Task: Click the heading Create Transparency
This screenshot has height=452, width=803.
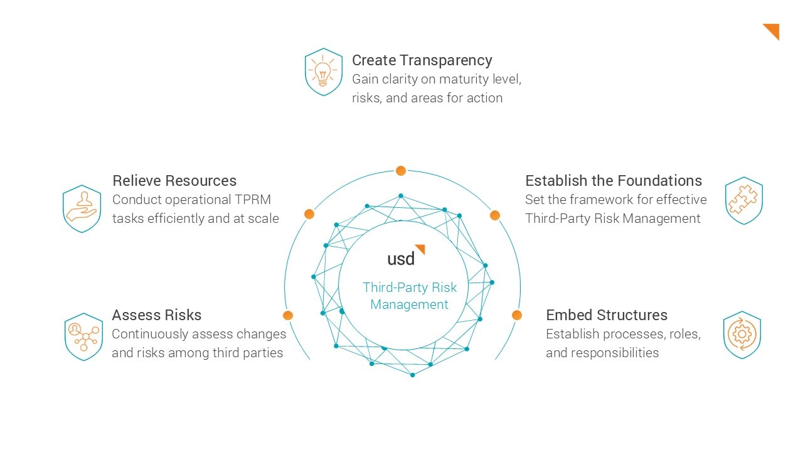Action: pyautogui.click(x=422, y=60)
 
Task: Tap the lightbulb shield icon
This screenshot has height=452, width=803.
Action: pyautogui.click(x=323, y=72)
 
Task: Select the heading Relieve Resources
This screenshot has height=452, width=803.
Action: pyautogui.click(x=174, y=180)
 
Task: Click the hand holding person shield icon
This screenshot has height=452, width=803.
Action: pyautogui.click(x=82, y=209)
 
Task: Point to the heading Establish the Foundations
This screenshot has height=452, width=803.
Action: pyautogui.click(x=614, y=180)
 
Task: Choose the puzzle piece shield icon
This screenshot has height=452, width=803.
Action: pyautogui.click(x=744, y=200)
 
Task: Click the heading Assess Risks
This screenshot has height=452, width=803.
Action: pyautogui.click(x=157, y=315)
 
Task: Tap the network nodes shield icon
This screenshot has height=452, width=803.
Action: pyautogui.click(x=83, y=336)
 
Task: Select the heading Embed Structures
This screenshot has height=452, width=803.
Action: pyautogui.click(x=607, y=315)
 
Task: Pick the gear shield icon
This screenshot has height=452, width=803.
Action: pyautogui.click(x=742, y=335)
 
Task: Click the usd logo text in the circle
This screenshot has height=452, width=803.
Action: pyautogui.click(x=401, y=258)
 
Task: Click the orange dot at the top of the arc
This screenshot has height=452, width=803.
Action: pyautogui.click(x=401, y=171)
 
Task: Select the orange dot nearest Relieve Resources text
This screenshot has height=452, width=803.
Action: pyautogui.click(x=309, y=214)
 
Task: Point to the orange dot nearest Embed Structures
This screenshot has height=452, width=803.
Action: pyautogui.click(x=516, y=315)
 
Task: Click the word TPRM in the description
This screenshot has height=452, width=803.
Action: pyautogui.click(x=252, y=200)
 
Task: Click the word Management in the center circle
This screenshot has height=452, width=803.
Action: pyautogui.click(x=409, y=304)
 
